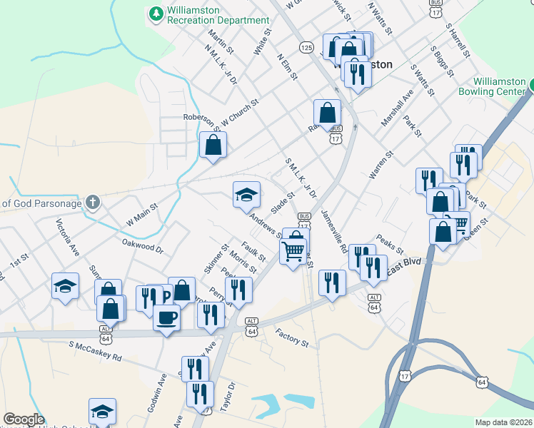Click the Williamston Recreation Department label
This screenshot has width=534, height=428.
coord(218,16)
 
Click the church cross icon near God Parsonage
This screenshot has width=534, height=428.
coord(92,203)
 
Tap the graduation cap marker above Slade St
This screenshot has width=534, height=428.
coord(246,193)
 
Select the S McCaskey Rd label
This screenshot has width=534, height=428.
coord(95,351)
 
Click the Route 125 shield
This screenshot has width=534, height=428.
coord(306,47)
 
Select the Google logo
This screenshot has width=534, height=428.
coord(23,419)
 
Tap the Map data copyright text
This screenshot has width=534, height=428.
coord(503,422)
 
